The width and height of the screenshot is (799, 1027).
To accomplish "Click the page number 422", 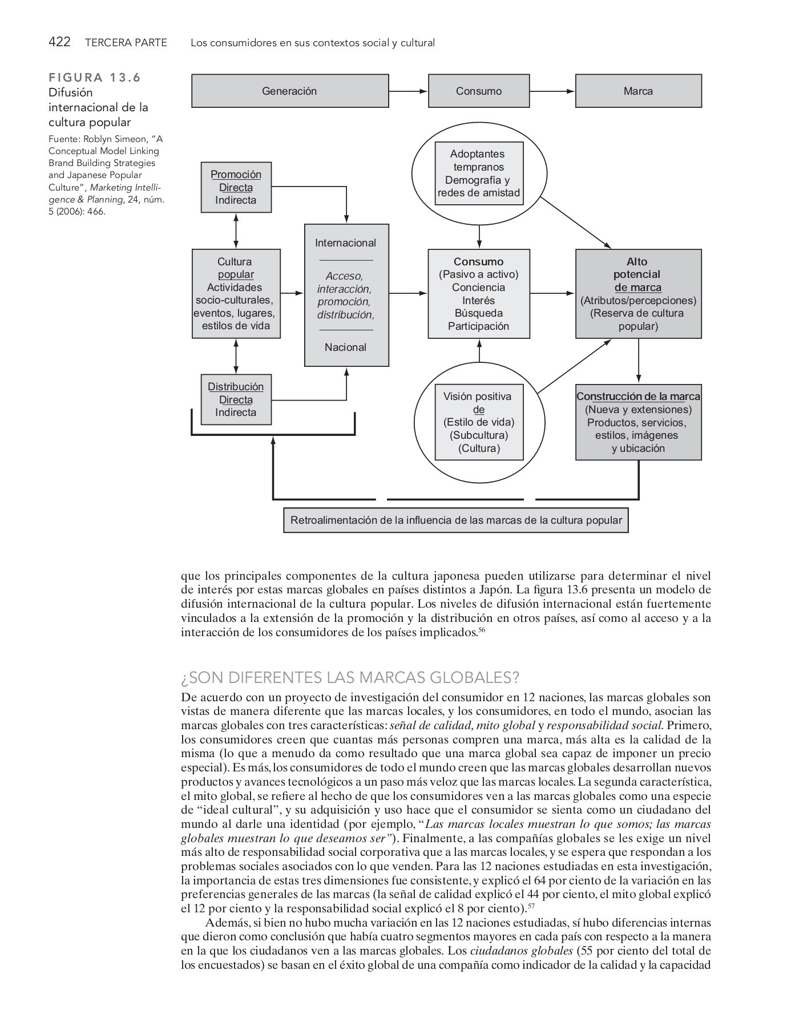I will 59,42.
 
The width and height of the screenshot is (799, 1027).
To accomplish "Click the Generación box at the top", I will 290,91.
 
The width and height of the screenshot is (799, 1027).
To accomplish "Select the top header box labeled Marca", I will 638,91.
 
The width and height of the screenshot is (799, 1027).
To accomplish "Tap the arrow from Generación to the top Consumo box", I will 408,91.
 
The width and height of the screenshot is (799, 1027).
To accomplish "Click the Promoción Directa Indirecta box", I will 236,187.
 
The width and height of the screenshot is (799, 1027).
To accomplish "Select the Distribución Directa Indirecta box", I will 236,399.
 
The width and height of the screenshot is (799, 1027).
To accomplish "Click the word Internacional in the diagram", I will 346,243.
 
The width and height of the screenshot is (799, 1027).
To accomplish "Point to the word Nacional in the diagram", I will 346,347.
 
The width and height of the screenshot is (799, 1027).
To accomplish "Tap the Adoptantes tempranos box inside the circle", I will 479,173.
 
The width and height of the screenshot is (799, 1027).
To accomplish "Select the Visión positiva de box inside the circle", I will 479,422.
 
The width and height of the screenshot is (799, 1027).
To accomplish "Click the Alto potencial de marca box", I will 638,294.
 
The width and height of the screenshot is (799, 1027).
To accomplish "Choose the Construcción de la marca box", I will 638,422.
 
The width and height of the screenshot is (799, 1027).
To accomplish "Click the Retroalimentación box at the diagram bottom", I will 455,520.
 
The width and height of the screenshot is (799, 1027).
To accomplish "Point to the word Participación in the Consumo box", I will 478,326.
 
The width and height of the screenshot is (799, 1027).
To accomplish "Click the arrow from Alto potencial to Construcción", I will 638,361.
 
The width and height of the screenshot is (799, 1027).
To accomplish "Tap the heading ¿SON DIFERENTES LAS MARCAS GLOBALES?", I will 350,678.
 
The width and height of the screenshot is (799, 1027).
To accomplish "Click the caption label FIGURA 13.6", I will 95,78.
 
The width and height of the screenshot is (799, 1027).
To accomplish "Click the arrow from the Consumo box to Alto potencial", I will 552,293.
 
